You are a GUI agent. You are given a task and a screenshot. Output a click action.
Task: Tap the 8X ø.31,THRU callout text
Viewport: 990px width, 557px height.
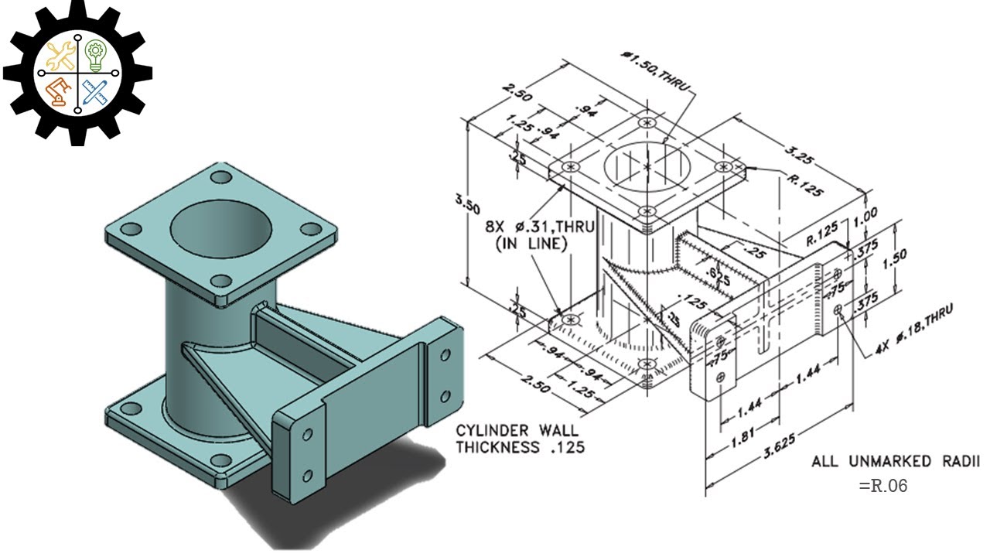[540, 227]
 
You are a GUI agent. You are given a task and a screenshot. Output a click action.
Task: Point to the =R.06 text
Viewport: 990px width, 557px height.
[882, 486]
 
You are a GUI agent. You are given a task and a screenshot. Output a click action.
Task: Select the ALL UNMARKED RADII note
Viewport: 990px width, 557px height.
[896, 462]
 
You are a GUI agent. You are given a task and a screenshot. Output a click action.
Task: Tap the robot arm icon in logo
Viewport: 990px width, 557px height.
[58, 92]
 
